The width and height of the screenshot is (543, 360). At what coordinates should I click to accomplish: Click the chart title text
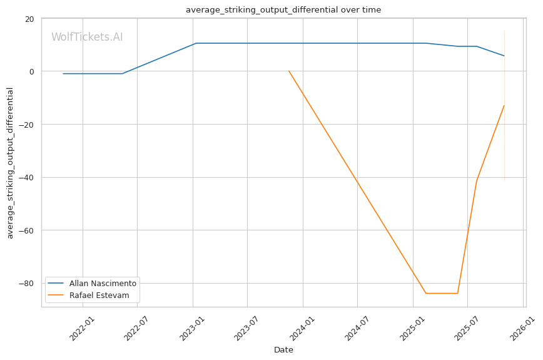pyautogui.click(x=283, y=10)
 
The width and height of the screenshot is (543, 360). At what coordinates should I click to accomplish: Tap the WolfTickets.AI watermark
pyautogui.click(x=87, y=38)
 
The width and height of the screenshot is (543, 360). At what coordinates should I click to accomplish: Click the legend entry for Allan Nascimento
pyautogui.click(x=103, y=283)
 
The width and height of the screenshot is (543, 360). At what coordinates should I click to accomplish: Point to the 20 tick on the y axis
pyautogui.click(x=29, y=19)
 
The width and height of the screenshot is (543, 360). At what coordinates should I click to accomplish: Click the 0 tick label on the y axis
pyautogui.click(x=31, y=71)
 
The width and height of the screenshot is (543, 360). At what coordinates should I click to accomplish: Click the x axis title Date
pyautogui.click(x=283, y=350)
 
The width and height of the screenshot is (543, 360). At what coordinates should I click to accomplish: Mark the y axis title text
pyautogui.click(x=10, y=163)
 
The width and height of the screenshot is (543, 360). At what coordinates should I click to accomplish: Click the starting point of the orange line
pyautogui.click(x=288, y=71)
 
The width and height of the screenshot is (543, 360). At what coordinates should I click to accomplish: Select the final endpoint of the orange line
pyautogui.click(x=504, y=105)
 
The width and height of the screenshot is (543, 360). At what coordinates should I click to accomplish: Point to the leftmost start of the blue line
pyautogui.click(x=63, y=74)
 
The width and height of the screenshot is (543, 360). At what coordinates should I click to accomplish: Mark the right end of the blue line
pyautogui.click(x=504, y=56)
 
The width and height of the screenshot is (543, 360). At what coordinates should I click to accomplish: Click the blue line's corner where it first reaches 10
pyautogui.click(x=196, y=43)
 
